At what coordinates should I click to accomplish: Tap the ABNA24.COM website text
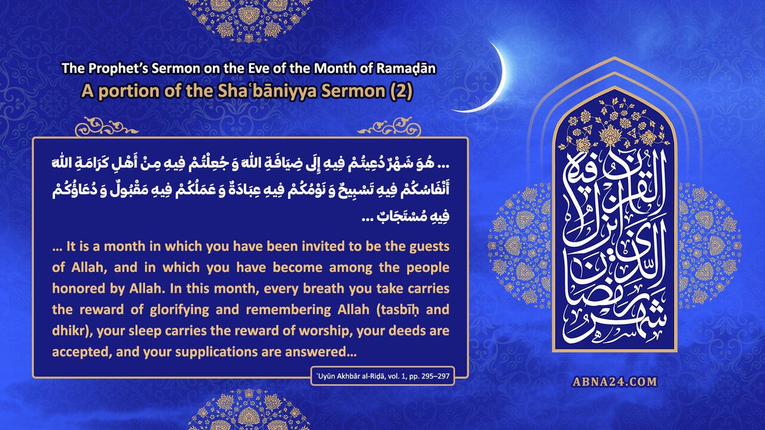click(614, 382)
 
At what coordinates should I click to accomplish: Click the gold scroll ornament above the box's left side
click(106, 127)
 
